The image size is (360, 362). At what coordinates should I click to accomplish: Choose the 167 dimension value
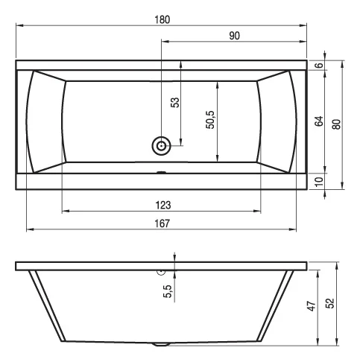coord(162,223)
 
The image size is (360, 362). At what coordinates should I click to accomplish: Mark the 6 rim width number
coord(318,66)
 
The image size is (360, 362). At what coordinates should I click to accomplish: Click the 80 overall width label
coord(336,123)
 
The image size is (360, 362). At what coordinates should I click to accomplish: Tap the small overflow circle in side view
coord(160,273)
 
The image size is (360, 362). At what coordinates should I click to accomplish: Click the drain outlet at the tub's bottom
coord(160,345)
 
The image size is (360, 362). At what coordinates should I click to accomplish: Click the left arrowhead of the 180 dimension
coord(19,27)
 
